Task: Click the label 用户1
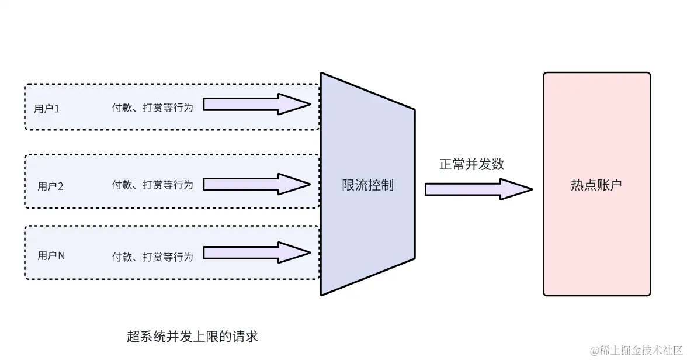pyautogui.click(x=47, y=108)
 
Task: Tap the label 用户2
pyautogui.click(x=50, y=186)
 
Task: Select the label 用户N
pyautogui.click(x=51, y=255)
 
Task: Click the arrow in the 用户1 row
pyautogui.click(x=256, y=105)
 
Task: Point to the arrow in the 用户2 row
pyautogui.click(x=256, y=184)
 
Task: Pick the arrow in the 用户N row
pyautogui.click(x=256, y=253)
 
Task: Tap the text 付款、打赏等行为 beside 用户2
pyautogui.click(x=152, y=185)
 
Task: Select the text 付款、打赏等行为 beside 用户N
pyautogui.click(x=152, y=257)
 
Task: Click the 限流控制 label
pyautogui.click(x=367, y=185)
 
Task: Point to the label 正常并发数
pyautogui.click(x=471, y=164)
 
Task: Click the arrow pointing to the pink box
pyautogui.click(x=478, y=189)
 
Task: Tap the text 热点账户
pyautogui.click(x=596, y=185)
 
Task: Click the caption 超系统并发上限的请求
pyautogui.click(x=192, y=337)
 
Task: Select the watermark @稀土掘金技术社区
pyautogui.click(x=636, y=350)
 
